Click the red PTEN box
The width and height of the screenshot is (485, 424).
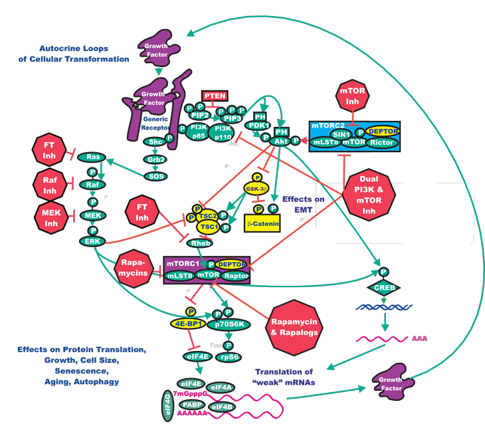coord(215,96)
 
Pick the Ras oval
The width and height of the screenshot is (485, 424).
coord(92,157)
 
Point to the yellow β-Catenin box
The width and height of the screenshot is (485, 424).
coord(262,223)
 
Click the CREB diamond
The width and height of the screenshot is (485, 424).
coord(384,287)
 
